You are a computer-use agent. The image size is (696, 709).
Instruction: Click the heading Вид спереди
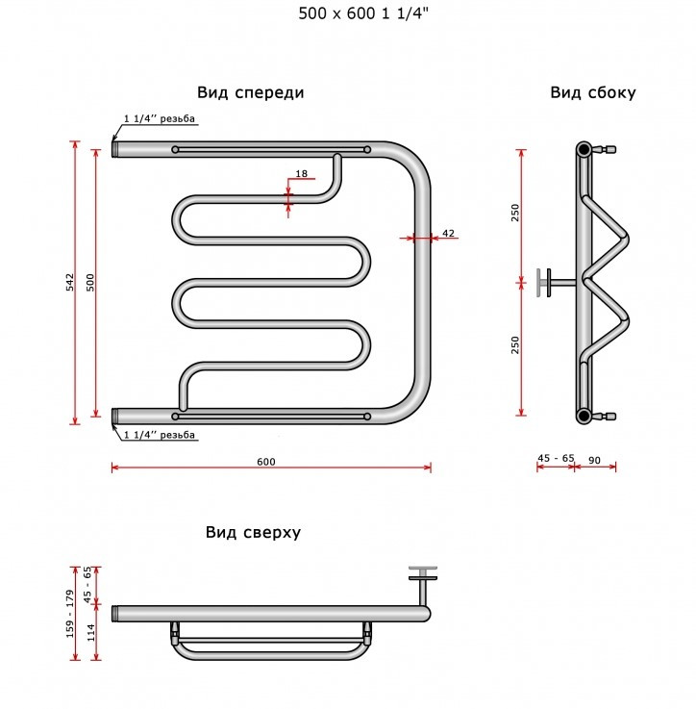click(251, 93)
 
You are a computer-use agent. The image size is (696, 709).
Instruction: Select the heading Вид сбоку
click(593, 93)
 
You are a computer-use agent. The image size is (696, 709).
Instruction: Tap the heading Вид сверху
click(253, 533)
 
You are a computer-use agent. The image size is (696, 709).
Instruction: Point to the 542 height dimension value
click(70, 282)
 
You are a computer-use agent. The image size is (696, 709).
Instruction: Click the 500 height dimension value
click(91, 282)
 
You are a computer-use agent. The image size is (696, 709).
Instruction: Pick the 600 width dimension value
click(266, 462)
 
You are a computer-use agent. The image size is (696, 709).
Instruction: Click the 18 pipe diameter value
click(302, 174)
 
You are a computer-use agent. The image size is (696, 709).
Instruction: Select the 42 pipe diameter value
click(447, 234)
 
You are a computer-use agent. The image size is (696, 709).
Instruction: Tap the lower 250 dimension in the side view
click(515, 344)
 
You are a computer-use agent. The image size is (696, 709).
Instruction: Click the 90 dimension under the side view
click(594, 461)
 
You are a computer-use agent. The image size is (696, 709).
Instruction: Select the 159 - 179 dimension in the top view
click(70, 613)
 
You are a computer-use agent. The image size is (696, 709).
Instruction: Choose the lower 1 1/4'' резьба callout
click(160, 436)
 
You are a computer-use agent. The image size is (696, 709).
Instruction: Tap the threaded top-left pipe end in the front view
click(116, 149)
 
